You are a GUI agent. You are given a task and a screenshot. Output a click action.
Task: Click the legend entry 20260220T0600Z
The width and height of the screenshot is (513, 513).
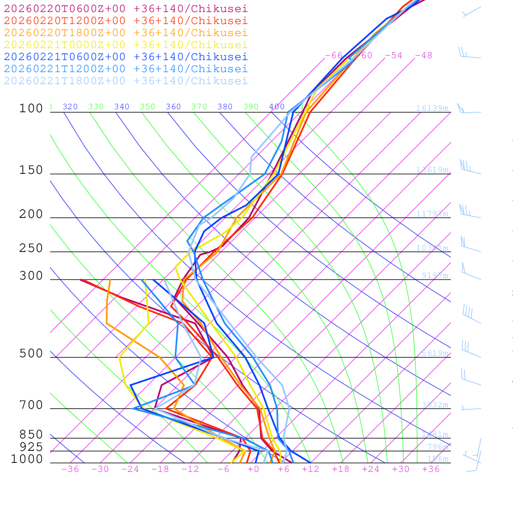(x=126, y=8)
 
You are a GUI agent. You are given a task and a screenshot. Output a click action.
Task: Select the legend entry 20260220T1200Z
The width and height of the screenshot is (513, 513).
(x=126, y=21)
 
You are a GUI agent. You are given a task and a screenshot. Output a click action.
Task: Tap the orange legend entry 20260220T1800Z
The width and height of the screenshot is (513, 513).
(x=126, y=33)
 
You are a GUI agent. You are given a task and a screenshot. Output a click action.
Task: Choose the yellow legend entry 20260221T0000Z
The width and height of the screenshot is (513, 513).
(x=126, y=45)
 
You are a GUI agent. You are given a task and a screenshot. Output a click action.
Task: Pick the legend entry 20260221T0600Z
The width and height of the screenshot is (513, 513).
(x=126, y=57)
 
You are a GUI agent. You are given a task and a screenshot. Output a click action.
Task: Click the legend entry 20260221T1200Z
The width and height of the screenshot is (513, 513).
(x=126, y=69)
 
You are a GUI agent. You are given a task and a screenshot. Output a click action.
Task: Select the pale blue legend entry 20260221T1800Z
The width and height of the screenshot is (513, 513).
(x=126, y=81)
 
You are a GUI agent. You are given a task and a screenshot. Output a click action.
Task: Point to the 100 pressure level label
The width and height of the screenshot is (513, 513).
(x=31, y=109)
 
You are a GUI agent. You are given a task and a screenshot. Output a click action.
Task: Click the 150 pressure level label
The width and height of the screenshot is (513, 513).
(x=31, y=170)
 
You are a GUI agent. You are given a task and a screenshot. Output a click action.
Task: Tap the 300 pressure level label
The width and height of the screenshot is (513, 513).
(x=31, y=276)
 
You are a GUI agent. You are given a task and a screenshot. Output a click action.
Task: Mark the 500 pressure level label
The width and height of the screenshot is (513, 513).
(x=31, y=354)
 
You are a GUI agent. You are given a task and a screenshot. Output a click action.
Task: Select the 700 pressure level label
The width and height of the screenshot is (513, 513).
(x=31, y=405)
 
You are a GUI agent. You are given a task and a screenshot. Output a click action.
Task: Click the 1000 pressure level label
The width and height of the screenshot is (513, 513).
(x=27, y=459)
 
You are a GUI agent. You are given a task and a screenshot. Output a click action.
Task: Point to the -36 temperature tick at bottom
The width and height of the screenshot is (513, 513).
(x=70, y=469)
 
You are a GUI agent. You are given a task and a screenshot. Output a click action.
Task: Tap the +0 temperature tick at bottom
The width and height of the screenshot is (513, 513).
(x=253, y=469)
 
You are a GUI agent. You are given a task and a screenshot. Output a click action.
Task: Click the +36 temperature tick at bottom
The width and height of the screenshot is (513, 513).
(x=430, y=469)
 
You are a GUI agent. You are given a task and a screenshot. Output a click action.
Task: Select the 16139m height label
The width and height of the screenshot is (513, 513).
(x=432, y=108)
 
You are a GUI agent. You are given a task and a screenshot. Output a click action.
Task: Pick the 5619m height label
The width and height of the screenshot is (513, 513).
(x=434, y=353)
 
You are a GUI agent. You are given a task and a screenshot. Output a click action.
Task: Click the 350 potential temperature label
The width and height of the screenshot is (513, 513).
(x=148, y=107)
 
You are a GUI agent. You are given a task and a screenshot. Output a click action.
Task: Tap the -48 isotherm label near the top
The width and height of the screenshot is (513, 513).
(x=423, y=55)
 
